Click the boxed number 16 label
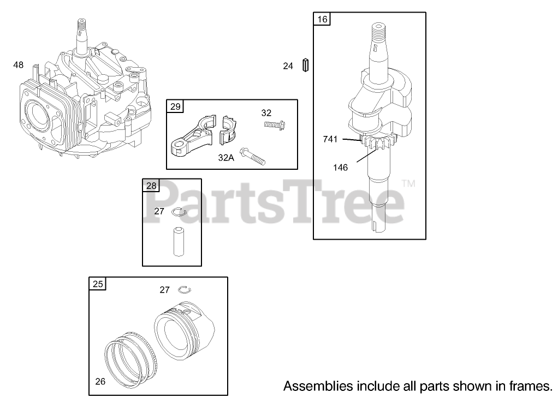pos(322,20)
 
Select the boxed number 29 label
pos(175,106)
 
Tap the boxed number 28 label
pos(151,186)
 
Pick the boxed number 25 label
pos(98,284)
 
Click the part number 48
pos(19,65)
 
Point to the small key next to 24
pos(306,65)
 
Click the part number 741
pos(330,140)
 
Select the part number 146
pos(340,168)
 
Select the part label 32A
pos(225,157)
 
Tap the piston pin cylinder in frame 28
pos(177,241)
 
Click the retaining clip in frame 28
pos(180,211)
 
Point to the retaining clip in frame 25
pos(186,289)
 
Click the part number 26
pos(100,382)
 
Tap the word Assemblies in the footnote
pos(317,387)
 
